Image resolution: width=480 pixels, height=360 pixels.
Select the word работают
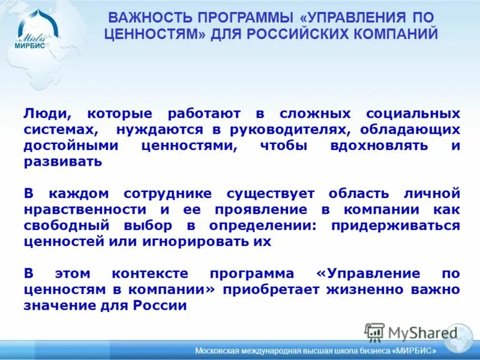click(205, 113)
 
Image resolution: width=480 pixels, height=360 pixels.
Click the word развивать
click(63, 162)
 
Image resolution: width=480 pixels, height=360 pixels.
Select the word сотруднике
click(167, 193)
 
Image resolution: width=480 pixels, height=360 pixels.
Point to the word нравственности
click(85, 209)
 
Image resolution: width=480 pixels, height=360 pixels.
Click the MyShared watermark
click(412, 332)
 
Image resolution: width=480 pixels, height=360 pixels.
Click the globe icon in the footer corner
click(460, 340)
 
